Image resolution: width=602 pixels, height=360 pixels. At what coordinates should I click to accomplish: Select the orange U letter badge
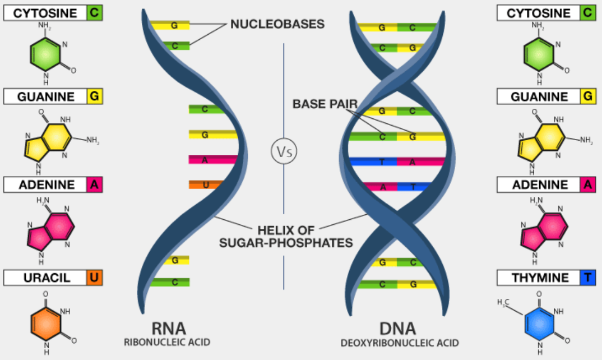click(95, 278)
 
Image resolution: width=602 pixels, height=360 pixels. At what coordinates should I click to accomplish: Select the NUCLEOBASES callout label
click(277, 25)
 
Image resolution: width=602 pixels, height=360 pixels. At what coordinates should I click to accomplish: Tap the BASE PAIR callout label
click(325, 104)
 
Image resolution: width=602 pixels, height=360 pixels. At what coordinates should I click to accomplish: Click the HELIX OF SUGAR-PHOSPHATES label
click(305, 236)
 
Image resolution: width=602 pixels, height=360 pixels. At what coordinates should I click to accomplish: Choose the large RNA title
click(169, 329)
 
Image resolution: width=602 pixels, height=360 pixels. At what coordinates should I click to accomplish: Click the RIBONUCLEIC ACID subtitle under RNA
click(169, 341)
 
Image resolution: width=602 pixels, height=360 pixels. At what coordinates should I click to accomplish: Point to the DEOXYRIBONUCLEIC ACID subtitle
click(399, 343)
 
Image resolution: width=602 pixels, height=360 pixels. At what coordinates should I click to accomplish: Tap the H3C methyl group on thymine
click(503, 303)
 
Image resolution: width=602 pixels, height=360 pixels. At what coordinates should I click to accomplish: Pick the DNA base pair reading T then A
click(396, 162)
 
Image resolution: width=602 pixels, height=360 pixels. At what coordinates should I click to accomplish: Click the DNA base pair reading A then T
click(397, 187)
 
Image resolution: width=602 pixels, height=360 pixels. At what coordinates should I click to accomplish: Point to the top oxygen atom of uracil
click(46, 293)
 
